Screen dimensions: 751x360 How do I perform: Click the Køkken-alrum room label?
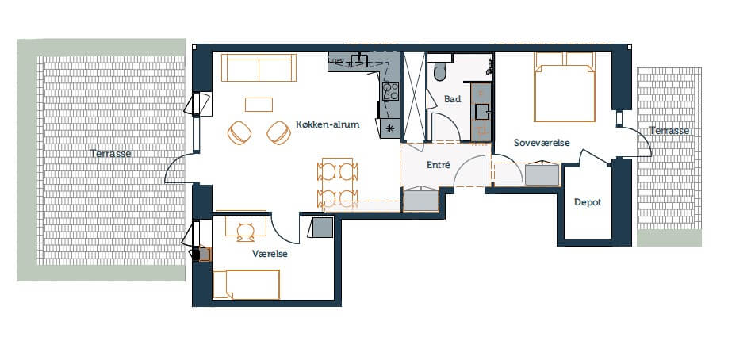pos(328,124)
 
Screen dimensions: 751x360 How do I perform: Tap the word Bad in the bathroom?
pos(452,99)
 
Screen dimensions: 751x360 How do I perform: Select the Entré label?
pos(439,165)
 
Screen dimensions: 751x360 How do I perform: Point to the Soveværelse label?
pos(542,143)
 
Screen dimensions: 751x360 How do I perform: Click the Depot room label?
pos(588,202)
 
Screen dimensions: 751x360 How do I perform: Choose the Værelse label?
pos(270,254)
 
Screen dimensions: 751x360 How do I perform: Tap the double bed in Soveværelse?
pos(565,86)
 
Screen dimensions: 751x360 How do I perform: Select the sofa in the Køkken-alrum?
pos(259,68)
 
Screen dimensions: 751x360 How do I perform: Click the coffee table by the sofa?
pos(259,105)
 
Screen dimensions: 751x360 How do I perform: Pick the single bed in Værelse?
pos(246,285)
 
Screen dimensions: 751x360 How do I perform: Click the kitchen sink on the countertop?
pos(359,59)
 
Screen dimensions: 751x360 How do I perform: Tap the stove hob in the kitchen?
pos(390,91)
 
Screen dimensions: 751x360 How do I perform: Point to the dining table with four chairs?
pos(338,184)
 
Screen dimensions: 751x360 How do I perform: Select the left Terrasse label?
pos(111,154)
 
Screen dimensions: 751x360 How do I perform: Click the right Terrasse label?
pos(669,130)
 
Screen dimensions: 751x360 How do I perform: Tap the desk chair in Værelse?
pos(246,231)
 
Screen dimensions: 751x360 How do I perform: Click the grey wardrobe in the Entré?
pos(421,199)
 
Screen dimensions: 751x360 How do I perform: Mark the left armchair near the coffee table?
pos(239,132)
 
